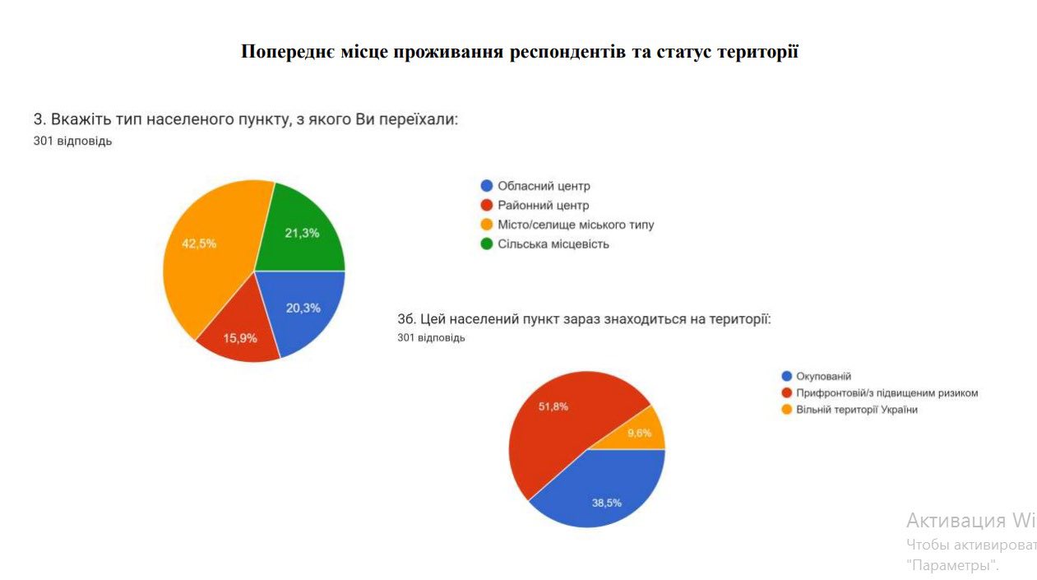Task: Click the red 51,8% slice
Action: point(559,420)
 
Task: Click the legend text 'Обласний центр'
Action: point(544,186)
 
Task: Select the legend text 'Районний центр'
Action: point(543,205)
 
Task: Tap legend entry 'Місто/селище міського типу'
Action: point(576,225)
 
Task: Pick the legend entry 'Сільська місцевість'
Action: point(553,244)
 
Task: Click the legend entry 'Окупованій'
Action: point(823,376)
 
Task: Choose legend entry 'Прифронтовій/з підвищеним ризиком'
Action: point(887,393)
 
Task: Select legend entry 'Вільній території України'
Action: point(856,410)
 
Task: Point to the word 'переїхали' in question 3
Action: point(419,120)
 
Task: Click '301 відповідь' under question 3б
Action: point(431,338)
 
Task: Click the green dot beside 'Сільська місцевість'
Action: point(487,244)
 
